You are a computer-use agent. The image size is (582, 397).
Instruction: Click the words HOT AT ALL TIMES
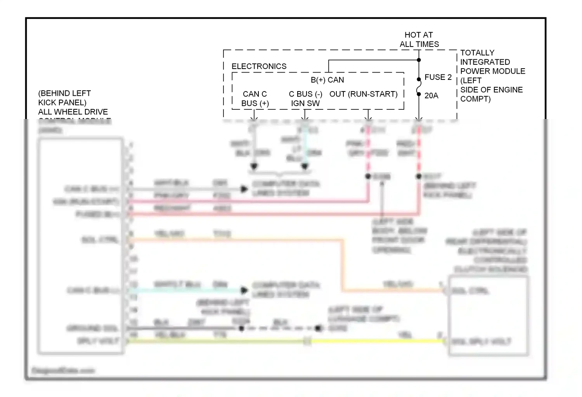point(419,40)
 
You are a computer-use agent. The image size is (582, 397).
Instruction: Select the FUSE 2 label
point(438,77)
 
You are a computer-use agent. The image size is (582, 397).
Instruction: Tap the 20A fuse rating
point(431,95)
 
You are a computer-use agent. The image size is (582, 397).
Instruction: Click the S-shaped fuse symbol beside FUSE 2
point(419,86)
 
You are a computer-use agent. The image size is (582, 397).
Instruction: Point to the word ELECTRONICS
point(259,66)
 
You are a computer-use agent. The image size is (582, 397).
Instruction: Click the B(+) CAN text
point(327,80)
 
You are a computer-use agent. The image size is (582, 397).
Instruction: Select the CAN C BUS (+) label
point(255,99)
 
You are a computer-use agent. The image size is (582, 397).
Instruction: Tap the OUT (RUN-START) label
point(363,94)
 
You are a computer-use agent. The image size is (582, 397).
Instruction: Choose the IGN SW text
point(305,104)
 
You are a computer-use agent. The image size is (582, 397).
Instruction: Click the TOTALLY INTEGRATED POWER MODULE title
point(492,62)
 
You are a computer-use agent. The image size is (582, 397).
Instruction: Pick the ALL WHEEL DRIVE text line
point(73,112)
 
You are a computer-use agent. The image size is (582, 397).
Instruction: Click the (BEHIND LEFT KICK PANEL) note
point(64,98)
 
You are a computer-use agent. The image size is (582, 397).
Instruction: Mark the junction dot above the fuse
point(419,60)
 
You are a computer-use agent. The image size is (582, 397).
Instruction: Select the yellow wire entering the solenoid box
point(376,341)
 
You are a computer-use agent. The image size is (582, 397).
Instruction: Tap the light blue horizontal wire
point(186,290)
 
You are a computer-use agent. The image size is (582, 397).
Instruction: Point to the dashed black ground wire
point(279,328)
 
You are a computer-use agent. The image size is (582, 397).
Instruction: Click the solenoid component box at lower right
point(488,316)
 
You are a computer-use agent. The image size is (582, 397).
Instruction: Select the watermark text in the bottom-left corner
point(63,371)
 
